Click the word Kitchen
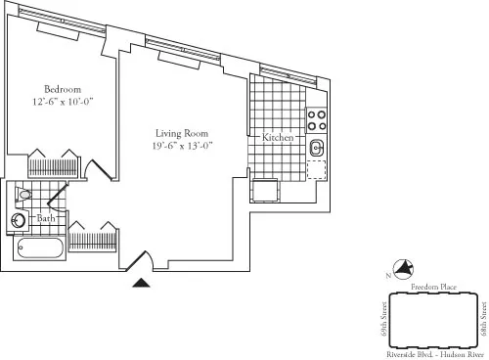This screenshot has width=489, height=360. click(x=278, y=139)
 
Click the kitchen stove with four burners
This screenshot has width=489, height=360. click(x=316, y=120)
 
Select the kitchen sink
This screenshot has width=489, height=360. click(x=316, y=149)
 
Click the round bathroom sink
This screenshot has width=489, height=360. click(x=19, y=220)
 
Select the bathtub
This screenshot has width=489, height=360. click(x=39, y=247)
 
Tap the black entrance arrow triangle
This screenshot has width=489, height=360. click(x=142, y=283)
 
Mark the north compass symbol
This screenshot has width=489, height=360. click(x=402, y=270)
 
